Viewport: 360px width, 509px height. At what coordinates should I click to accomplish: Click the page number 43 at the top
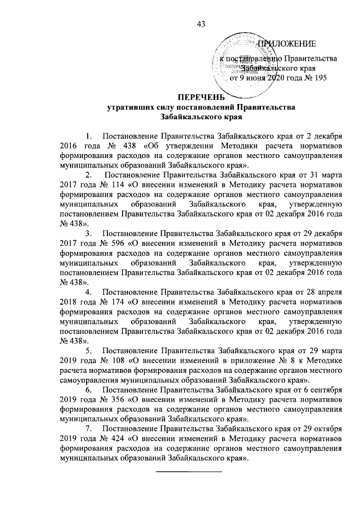tap(201, 23)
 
